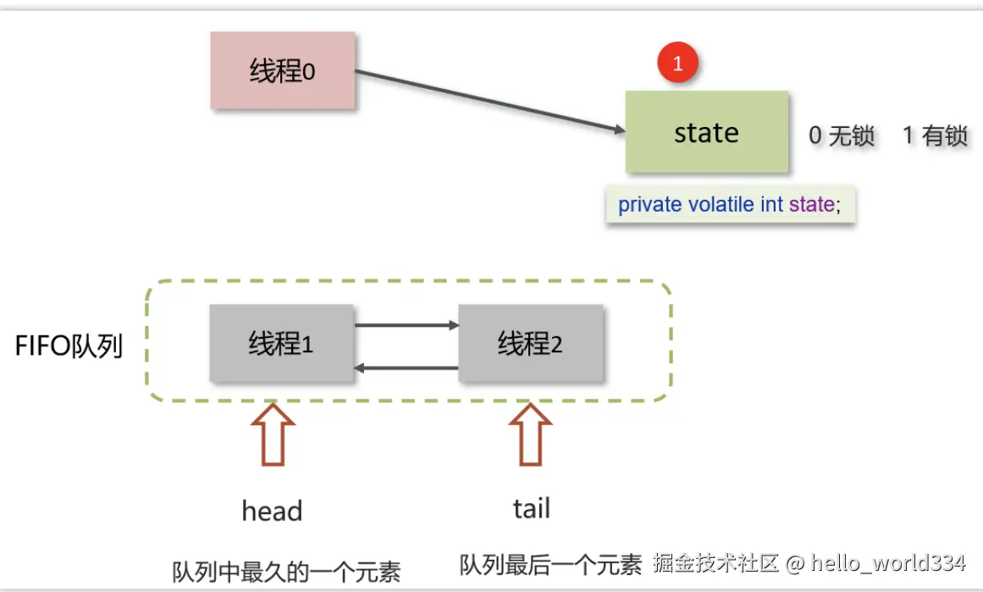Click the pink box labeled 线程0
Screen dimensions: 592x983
[282, 71]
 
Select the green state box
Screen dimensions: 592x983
[706, 132]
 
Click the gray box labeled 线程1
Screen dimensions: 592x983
[281, 344]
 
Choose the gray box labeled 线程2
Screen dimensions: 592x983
[530, 344]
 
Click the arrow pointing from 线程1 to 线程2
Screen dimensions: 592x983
[406, 324]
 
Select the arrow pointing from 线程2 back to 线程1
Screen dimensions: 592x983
[406, 368]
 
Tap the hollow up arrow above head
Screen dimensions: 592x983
[273, 434]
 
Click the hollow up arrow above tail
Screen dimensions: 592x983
[531, 434]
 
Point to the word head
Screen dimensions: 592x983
[272, 512]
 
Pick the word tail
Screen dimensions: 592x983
[531, 509]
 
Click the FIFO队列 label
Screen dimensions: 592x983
[69, 346]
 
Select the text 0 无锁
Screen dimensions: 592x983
[841, 136]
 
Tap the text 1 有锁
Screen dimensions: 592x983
[935, 136]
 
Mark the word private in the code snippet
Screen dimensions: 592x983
[649, 205]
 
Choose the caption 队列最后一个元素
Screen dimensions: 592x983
[550, 565]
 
